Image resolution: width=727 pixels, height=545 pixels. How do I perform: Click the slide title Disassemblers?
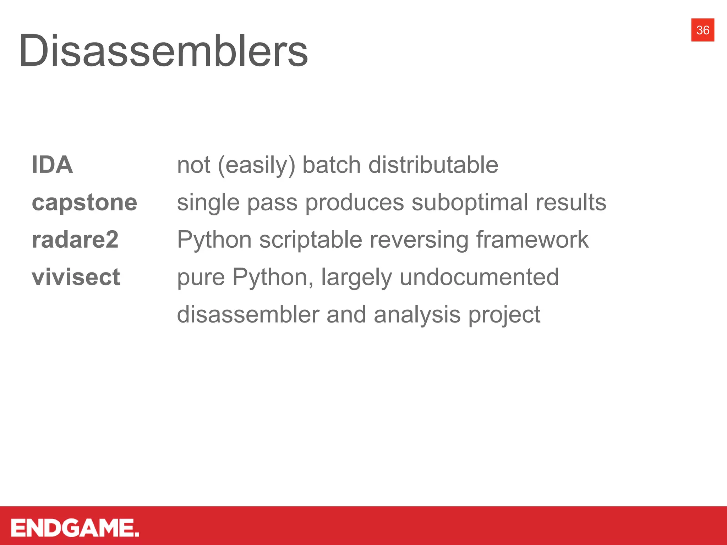click(x=163, y=50)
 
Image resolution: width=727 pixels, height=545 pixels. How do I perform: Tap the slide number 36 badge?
click(x=703, y=30)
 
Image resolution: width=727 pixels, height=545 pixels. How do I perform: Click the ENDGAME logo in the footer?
click(x=75, y=528)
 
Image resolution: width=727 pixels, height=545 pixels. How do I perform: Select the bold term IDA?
click(x=52, y=165)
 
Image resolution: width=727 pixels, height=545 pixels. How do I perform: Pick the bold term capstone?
click(x=84, y=203)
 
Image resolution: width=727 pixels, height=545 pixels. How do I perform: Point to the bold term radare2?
click(x=75, y=240)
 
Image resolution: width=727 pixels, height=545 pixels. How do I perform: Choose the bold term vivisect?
click(x=76, y=277)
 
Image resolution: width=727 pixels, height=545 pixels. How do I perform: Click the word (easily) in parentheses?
click(x=256, y=165)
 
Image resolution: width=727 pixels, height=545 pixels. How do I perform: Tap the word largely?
click(x=356, y=278)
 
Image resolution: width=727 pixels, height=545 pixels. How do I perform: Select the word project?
click(x=504, y=315)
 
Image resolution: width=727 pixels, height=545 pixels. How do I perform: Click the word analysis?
click(x=417, y=315)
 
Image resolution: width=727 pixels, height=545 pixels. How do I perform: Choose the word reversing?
click(x=419, y=240)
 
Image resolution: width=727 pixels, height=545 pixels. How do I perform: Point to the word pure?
click(x=201, y=278)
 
